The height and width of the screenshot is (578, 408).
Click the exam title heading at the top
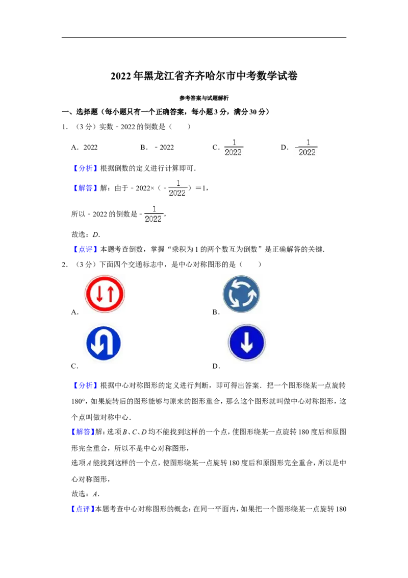(204, 76)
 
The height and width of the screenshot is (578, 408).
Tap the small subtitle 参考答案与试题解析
(204, 98)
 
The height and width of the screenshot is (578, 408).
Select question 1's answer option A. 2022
(84, 148)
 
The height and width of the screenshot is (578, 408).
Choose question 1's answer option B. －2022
(157, 148)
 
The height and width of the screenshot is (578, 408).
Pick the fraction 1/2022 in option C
(234, 148)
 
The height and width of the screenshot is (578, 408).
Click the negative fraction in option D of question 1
(307, 148)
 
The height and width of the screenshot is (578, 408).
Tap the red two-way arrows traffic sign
(105, 294)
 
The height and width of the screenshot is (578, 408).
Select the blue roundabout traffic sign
(242, 294)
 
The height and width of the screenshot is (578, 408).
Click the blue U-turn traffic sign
(104, 343)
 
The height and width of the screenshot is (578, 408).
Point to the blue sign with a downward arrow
(247, 343)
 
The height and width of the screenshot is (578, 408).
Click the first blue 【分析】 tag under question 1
(86, 168)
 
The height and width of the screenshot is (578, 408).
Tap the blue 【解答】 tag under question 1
(86, 188)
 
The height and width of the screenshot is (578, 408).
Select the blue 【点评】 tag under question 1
(86, 250)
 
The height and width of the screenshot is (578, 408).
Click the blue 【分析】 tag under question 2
(86, 386)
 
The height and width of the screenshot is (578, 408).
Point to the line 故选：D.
(86, 234)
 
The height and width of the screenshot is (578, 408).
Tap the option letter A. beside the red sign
(75, 312)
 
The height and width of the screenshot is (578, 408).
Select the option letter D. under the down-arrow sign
(216, 366)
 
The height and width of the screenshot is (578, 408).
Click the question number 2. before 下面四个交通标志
(65, 264)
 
